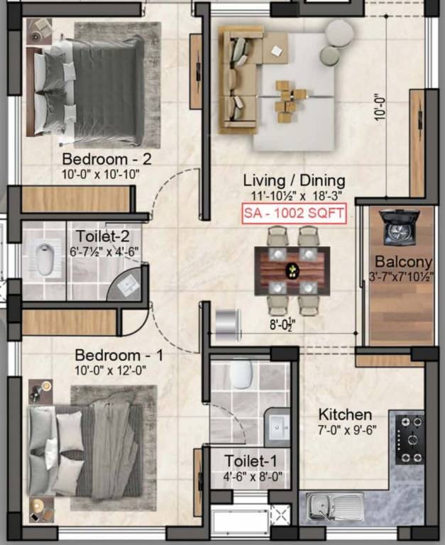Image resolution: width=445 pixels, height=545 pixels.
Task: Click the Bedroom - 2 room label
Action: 106,158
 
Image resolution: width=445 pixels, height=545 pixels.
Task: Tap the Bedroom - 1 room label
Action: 119,355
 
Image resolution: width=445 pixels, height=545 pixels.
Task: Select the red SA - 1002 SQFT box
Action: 294,212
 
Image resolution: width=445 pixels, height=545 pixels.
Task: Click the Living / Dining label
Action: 294,180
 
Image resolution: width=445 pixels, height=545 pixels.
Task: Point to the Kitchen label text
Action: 345,414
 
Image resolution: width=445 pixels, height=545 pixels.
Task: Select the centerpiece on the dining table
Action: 292,270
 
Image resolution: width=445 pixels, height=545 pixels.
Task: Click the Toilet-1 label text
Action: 246,461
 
